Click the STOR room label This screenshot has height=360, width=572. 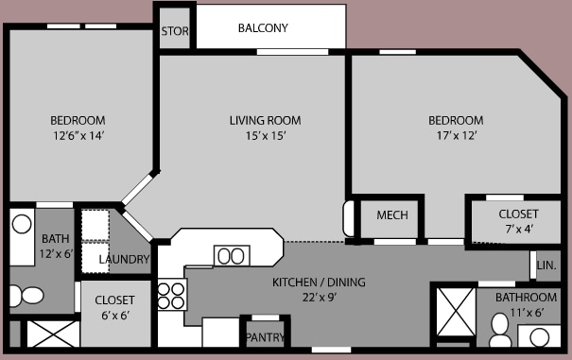click(174, 31)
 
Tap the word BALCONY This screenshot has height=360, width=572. click(262, 28)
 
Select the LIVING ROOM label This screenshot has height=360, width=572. click(265, 120)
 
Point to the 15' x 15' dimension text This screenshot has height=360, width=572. click(265, 136)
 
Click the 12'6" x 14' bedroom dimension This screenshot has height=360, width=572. click(78, 136)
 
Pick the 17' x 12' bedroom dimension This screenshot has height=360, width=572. click(456, 136)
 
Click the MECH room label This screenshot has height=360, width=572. click(391, 215)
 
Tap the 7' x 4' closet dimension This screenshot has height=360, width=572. click(518, 230)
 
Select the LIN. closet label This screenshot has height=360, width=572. click(546, 266)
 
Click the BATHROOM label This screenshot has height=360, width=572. click(527, 298)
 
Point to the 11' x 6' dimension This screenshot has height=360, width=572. click(527, 311)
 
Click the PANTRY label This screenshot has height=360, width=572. click(266, 336)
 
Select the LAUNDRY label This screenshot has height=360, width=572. click(124, 259)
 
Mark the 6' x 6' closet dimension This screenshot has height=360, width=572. click(114, 317)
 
